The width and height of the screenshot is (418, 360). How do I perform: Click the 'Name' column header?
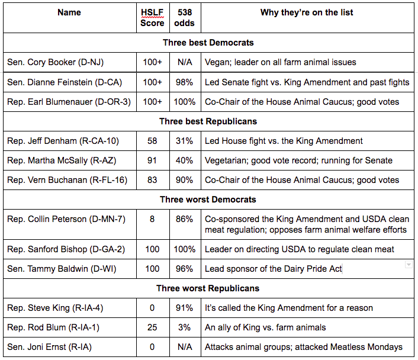pos(69,12)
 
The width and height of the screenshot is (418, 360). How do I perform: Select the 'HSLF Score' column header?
pos(152,18)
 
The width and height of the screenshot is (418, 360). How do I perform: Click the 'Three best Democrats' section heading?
pos(208,43)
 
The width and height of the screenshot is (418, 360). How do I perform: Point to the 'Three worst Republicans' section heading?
pos(208,288)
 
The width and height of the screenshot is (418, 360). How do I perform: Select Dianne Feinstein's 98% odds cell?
pos(185,82)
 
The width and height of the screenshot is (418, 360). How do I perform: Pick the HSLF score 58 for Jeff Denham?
pos(152,141)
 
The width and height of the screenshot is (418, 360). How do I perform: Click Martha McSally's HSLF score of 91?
pos(152,160)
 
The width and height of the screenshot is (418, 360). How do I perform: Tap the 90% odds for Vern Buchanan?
pos(185,180)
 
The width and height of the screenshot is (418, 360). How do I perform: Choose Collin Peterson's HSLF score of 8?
pos(152,219)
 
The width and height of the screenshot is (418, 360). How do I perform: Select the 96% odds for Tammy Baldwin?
pos(185,269)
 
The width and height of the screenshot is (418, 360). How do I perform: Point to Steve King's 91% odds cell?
pos(185,308)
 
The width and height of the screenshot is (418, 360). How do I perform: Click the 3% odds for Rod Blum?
pos(185,327)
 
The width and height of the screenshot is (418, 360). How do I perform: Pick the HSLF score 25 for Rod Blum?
pos(152,327)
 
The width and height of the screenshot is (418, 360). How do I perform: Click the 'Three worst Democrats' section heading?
pos(208,200)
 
